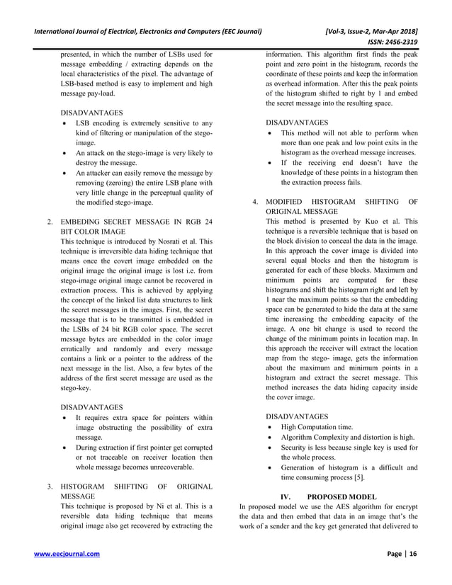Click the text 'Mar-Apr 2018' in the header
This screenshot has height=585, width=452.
tap(388, 30)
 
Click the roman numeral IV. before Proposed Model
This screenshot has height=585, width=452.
tap(288, 496)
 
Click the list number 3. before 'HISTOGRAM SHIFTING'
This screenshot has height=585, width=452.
tap(50, 487)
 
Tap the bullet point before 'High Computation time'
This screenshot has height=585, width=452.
tap(271, 427)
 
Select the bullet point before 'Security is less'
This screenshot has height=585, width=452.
tap(271, 447)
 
